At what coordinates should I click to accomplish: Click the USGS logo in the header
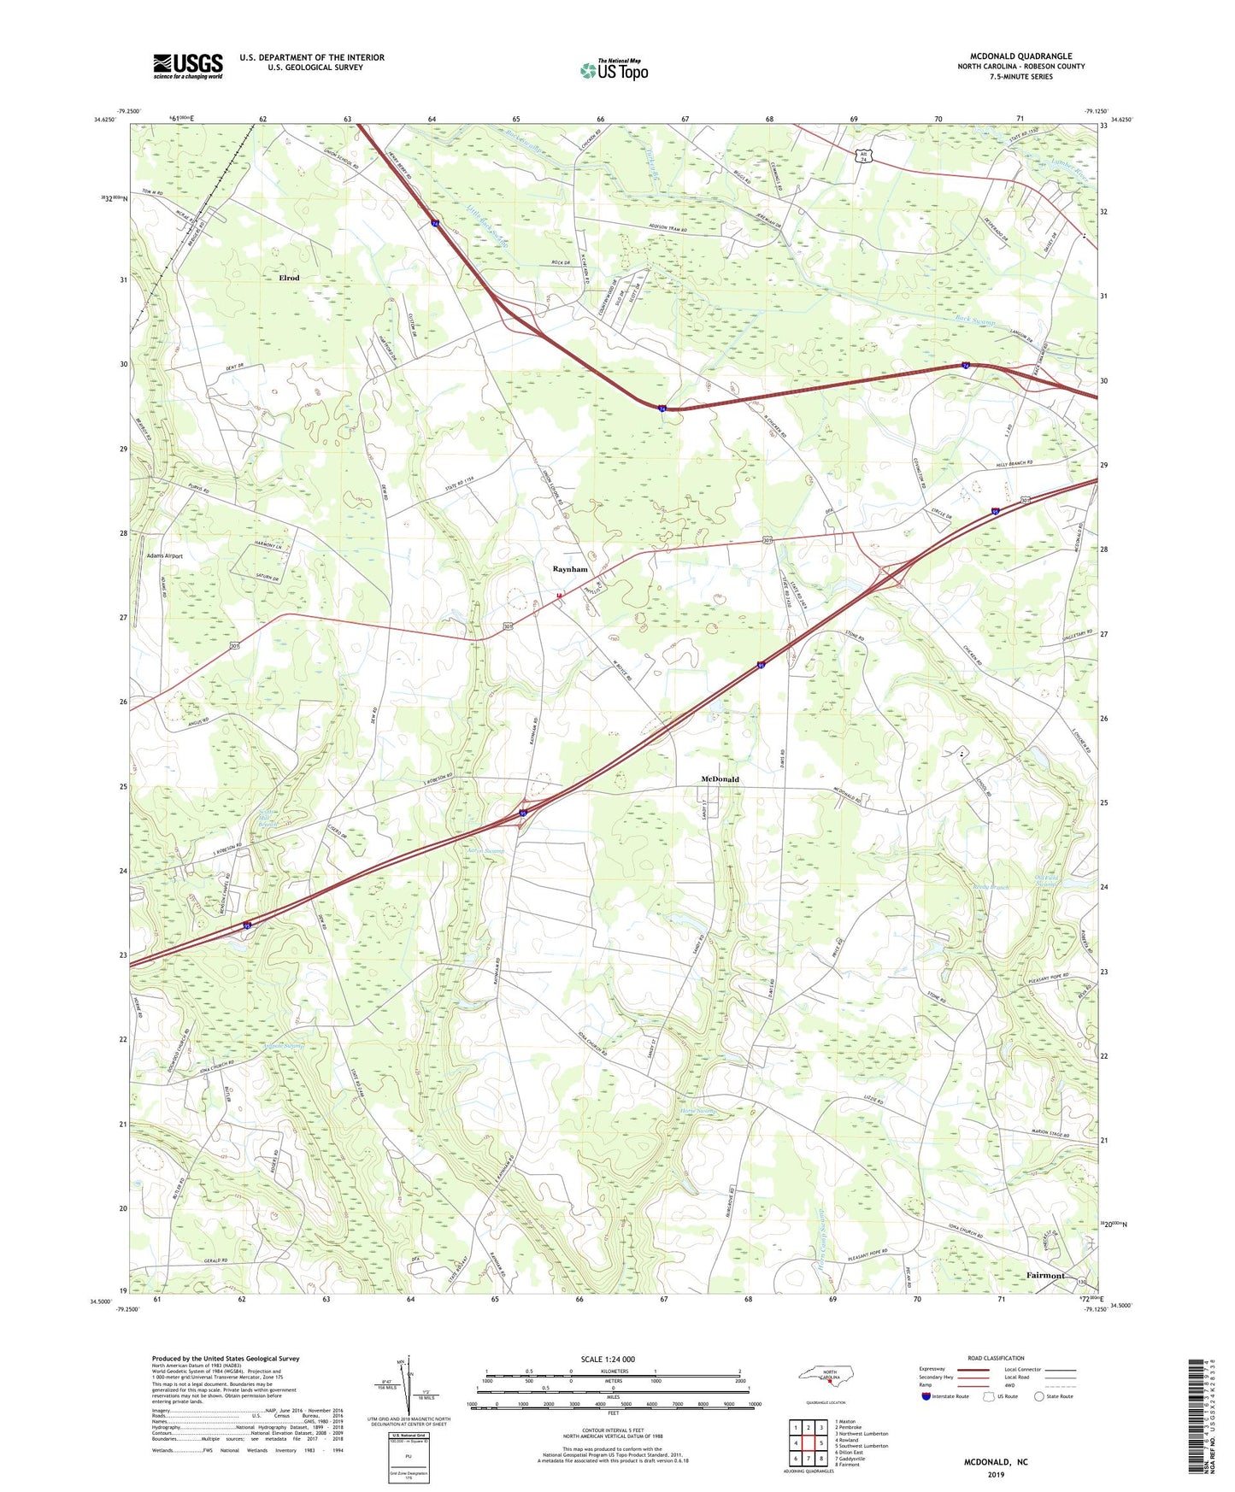coord(187,65)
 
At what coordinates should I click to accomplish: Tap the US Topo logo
coord(614,70)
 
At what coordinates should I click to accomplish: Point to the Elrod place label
coord(289,278)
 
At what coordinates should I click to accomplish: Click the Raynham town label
coord(570,569)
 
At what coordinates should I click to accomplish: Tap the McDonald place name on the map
coord(720,779)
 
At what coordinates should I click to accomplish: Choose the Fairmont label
coord(1044,1275)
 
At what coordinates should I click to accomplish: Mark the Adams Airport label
coord(165,556)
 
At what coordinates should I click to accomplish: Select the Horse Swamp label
coord(697,1112)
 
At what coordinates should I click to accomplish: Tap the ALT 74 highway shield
coord(864,156)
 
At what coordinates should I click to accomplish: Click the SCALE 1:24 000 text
coord(608,1360)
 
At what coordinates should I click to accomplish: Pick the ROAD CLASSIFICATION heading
coord(996,1358)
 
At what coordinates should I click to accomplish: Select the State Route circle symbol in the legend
coord(1039,1396)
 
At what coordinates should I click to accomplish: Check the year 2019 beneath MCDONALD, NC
coord(996,1475)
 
